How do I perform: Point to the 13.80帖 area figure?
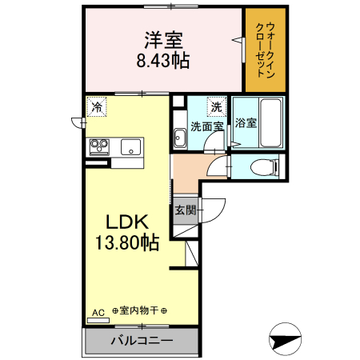click(x=128, y=242)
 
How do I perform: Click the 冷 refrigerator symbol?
click(x=98, y=106)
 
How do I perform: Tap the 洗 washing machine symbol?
click(x=217, y=106)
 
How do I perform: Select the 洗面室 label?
click(x=206, y=126)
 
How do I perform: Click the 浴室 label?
click(x=246, y=123)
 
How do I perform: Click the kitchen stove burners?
click(x=100, y=146)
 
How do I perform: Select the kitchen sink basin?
click(x=130, y=146)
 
